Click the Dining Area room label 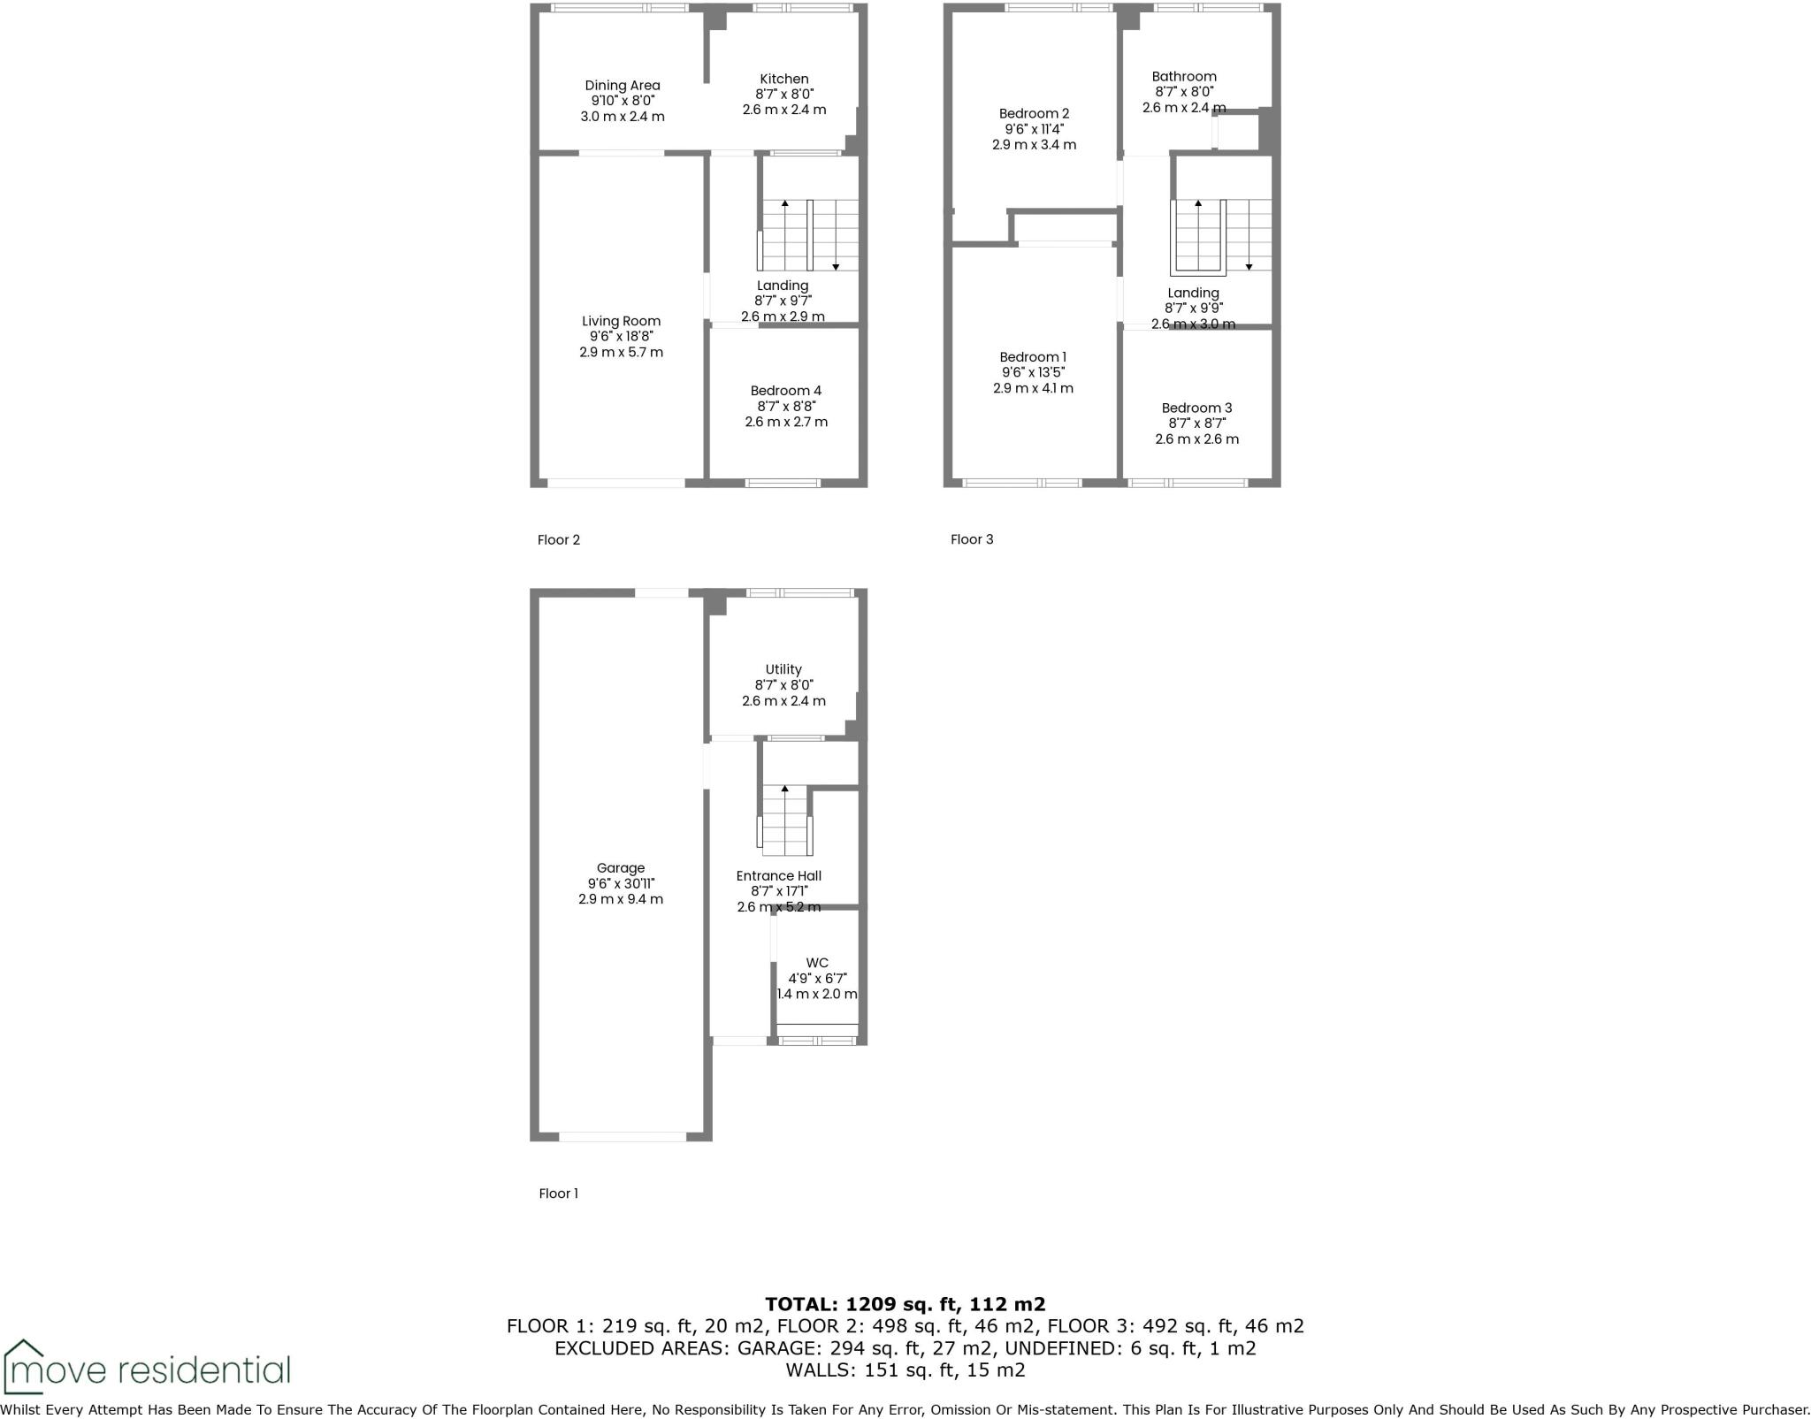[622, 86]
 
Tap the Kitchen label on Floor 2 [784, 79]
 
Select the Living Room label [621, 321]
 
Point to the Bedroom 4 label [786, 391]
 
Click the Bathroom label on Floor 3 [1184, 77]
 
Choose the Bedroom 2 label [1034, 113]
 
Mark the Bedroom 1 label [1033, 357]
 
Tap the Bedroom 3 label [1196, 408]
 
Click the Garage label [621, 868]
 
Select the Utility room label [783, 669]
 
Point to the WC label [817, 963]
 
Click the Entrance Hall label [779, 876]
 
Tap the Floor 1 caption [558, 1194]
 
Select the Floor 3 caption [972, 539]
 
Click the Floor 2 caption [558, 540]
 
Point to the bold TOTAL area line [905, 1304]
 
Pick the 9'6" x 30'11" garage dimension [621, 883]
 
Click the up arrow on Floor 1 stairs [784, 789]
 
